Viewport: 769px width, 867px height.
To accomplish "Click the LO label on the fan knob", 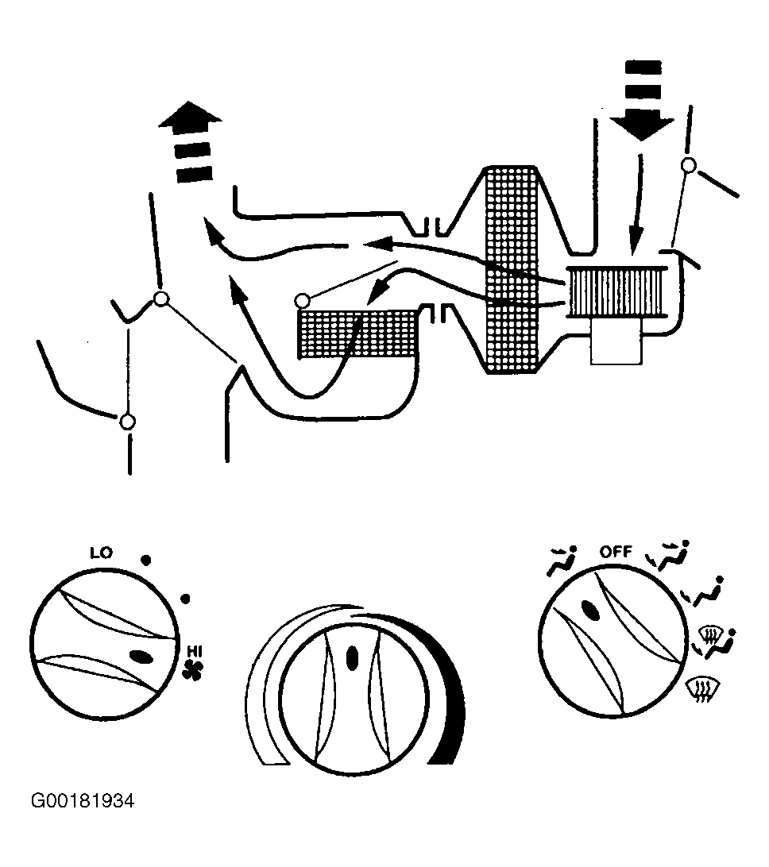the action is [101, 553].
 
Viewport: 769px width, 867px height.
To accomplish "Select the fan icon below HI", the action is [192, 669].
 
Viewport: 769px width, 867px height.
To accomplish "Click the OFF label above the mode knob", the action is [616, 551].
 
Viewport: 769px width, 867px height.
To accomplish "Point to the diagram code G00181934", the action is [83, 800].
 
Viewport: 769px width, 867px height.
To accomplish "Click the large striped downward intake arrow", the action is [643, 99].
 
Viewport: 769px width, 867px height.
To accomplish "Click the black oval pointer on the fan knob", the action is [141, 657].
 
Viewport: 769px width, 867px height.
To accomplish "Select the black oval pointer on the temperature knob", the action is [352, 659].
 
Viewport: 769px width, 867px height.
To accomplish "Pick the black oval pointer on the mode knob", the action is [590, 611].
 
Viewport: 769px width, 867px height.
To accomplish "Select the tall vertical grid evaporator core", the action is [511, 269].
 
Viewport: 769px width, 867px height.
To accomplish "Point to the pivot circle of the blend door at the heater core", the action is [302, 301].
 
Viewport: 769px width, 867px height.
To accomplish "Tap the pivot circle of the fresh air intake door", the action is [688, 165].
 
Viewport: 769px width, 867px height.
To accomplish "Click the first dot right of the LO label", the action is [145, 560].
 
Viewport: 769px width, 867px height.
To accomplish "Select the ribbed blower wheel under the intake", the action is [616, 292].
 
